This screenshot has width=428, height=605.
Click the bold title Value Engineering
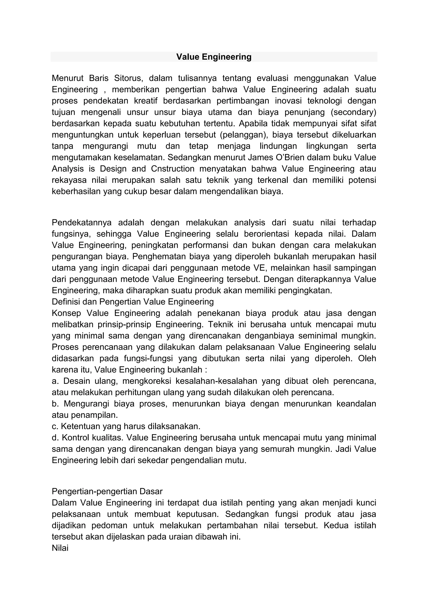point(214,57)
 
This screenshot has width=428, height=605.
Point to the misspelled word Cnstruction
point(173,169)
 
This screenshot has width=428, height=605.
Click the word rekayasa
point(69,180)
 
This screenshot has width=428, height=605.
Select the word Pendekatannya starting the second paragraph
point(82,223)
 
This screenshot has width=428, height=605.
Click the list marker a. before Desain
point(55,381)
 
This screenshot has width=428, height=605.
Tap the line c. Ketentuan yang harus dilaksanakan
point(126,426)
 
